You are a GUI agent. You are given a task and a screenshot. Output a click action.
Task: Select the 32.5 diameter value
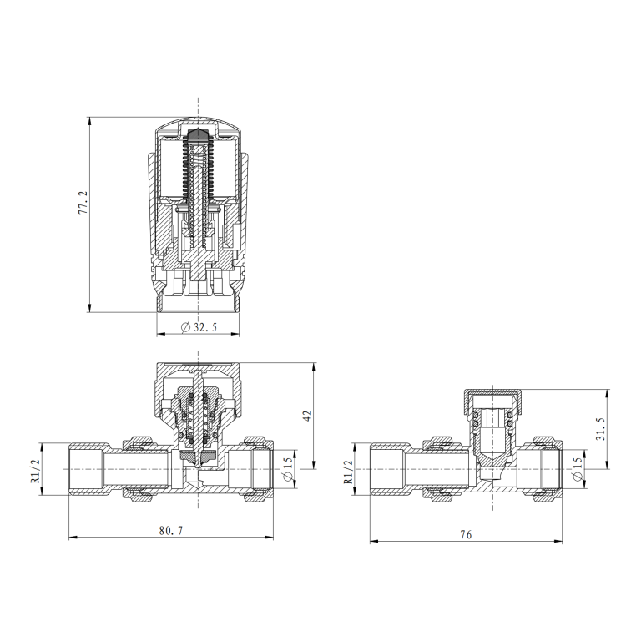pyautogui.click(x=205, y=328)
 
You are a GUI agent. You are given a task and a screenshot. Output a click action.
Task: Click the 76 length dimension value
pyautogui.click(x=466, y=534)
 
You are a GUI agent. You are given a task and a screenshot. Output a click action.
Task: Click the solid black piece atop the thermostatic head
pyautogui.click(x=199, y=135)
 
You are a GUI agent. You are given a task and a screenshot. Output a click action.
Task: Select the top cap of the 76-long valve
pyautogui.click(x=490, y=395)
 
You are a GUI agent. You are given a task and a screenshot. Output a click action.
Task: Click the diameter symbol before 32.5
pyautogui.click(x=184, y=328)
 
